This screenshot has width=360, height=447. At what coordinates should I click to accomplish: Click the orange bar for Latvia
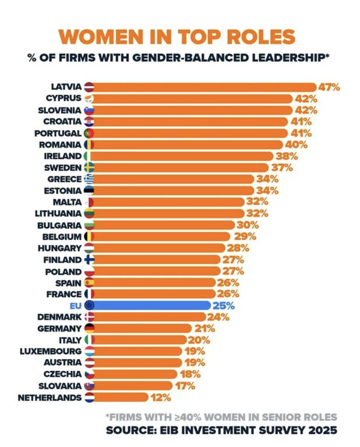tap(204, 87)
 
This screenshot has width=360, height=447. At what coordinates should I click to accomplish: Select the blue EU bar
tap(152, 305)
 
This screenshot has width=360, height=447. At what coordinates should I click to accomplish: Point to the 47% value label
tap(329, 87)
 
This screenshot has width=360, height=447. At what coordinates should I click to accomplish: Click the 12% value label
tap(161, 397)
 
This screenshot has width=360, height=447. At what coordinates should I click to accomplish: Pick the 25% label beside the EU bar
tap(223, 306)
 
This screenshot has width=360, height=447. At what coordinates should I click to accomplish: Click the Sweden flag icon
tap(89, 168)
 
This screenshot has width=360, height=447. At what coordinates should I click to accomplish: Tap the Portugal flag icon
tap(89, 133)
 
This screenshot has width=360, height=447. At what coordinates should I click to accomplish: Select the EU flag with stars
tap(89, 305)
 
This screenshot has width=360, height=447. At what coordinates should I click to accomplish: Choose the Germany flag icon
tap(89, 328)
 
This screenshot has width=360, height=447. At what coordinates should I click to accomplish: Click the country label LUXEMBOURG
tap(51, 352)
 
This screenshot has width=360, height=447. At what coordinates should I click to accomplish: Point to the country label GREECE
tap(64, 179)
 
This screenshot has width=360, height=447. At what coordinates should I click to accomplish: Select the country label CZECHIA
tap(63, 374)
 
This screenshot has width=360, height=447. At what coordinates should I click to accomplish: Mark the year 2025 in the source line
tap(323, 430)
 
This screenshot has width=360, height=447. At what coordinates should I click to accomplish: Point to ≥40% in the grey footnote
tap(188, 417)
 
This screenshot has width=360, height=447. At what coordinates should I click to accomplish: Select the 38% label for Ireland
tap(287, 156)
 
